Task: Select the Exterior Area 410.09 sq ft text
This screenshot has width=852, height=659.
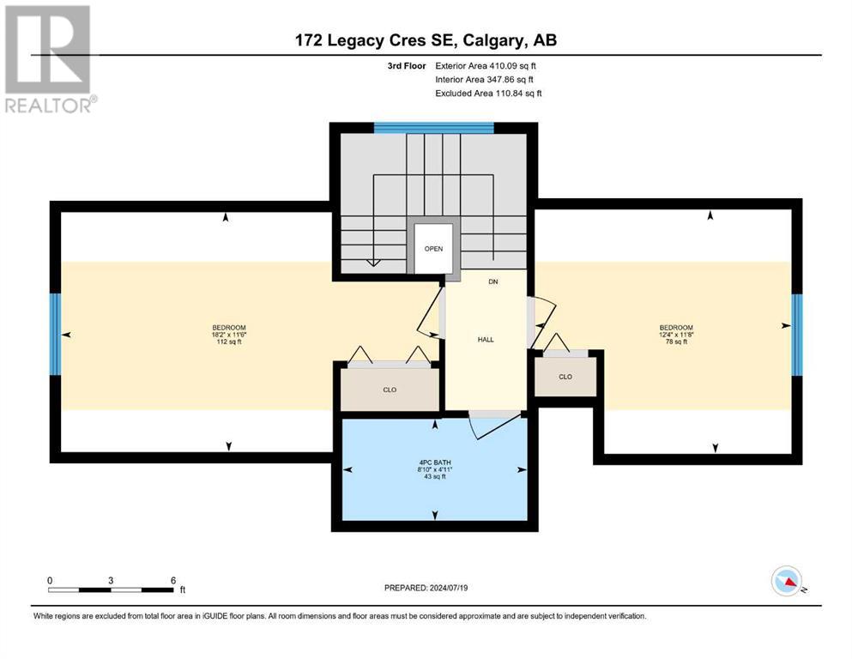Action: [x=486, y=66]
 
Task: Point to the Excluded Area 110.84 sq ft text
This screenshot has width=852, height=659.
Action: [x=488, y=93]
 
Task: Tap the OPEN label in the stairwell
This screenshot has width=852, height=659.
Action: [x=433, y=249]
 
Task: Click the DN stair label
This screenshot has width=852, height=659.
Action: [x=493, y=281]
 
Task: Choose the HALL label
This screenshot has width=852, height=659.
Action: [x=486, y=340]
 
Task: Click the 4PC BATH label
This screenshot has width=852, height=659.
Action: [x=435, y=463]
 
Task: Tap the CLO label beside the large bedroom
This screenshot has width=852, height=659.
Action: [x=390, y=390]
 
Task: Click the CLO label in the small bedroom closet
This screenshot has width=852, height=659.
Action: [x=565, y=377]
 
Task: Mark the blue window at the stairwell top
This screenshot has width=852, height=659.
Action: [x=433, y=128]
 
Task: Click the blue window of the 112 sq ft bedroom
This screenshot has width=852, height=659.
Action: [x=55, y=334]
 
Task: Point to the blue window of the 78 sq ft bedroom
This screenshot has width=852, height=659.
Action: [x=796, y=335]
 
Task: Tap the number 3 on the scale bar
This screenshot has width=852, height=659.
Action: [x=111, y=580]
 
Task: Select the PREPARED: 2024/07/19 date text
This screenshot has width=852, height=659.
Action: [x=426, y=588]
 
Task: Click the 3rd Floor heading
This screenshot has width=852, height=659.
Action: [x=407, y=66]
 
